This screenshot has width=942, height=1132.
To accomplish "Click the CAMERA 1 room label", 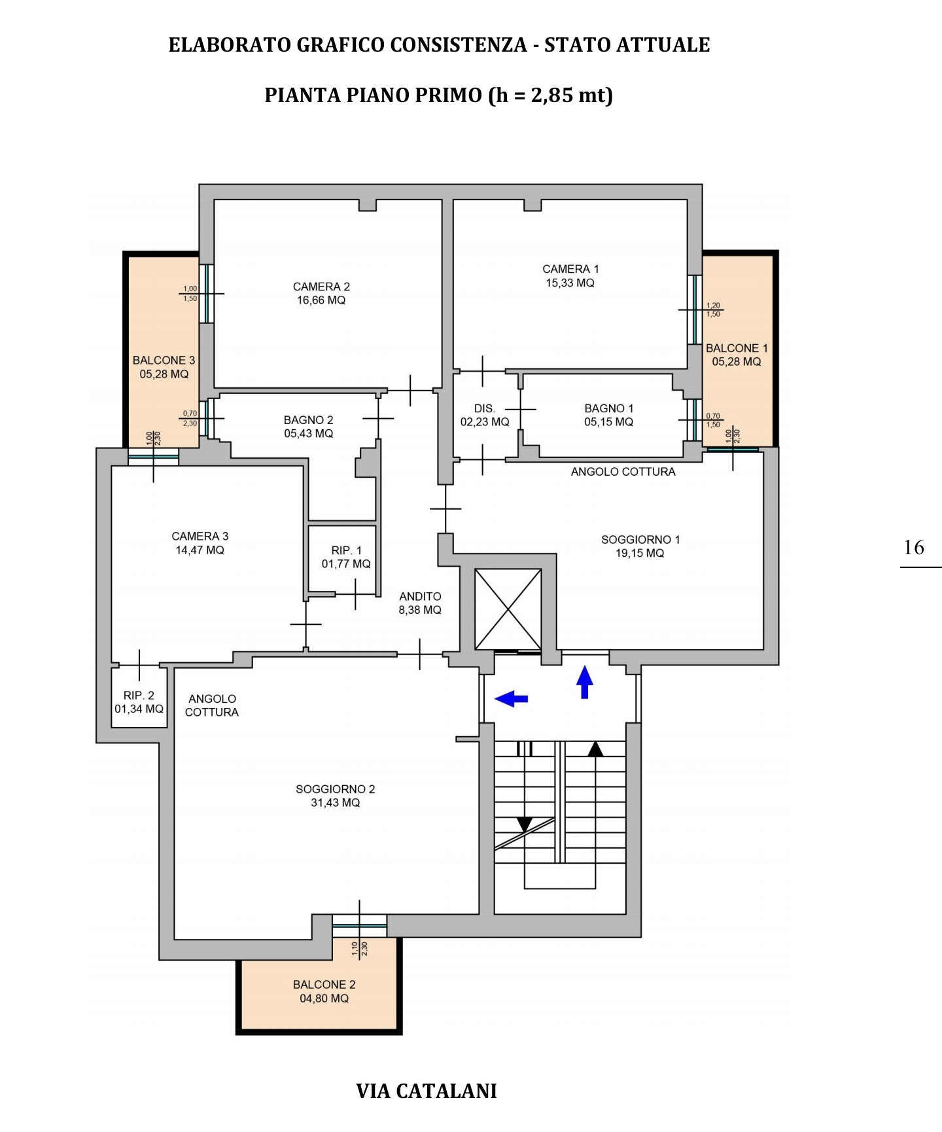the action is (570, 269).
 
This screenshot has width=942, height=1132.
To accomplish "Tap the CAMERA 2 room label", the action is (321, 287).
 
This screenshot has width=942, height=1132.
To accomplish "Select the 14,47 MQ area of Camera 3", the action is (200, 550).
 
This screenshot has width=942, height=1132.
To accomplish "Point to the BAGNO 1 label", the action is (609, 408).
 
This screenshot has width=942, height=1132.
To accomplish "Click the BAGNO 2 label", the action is (308, 420).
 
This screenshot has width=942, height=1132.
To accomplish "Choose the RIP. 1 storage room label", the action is (346, 551).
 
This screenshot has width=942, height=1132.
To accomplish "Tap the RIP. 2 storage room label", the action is (139, 696).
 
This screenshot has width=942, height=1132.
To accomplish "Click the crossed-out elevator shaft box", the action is (508, 609).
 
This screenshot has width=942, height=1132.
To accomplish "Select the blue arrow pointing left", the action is (512, 699).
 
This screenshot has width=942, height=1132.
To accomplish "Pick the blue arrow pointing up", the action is (585, 682).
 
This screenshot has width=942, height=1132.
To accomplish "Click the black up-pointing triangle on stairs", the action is (595, 749).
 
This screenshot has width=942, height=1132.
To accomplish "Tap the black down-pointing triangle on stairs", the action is (525, 824).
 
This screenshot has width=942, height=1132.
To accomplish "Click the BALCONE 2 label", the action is (324, 985).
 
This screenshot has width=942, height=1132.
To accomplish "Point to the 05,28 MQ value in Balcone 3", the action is (164, 374).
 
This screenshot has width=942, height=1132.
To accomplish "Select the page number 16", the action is (914, 547).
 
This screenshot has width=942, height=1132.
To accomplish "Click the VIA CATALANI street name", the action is (427, 1091).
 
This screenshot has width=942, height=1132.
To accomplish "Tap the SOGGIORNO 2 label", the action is (336, 789).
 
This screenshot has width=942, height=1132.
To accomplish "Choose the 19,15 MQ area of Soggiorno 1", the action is (640, 554).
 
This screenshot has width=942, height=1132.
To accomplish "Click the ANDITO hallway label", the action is (420, 596).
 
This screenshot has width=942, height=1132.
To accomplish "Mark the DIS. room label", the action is (485, 408).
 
